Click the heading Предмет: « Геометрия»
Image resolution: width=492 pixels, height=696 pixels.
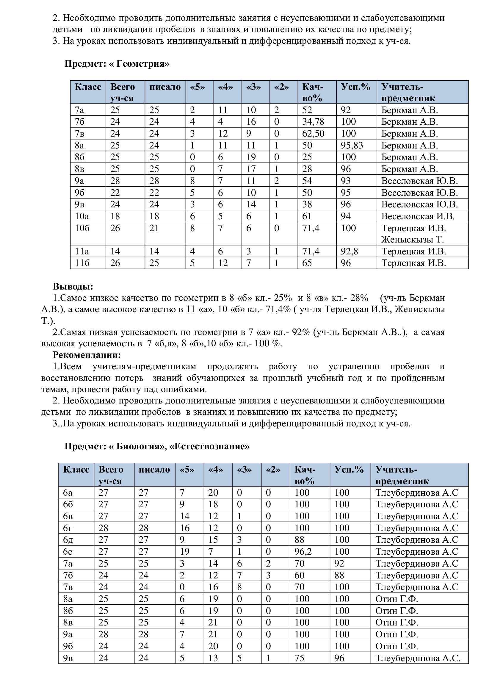(x=117, y=64)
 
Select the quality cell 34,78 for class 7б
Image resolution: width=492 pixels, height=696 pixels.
(x=313, y=122)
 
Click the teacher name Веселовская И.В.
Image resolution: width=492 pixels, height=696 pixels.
(x=418, y=216)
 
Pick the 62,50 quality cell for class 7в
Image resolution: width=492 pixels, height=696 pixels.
(x=313, y=134)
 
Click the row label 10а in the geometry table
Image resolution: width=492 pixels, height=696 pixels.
(x=82, y=216)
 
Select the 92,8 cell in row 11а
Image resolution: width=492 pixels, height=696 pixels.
(x=349, y=252)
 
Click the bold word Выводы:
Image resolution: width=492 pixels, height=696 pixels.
(x=73, y=287)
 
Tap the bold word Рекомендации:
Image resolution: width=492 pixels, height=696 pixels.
(x=87, y=355)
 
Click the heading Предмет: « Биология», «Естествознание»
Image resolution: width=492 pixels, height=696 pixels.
(x=157, y=447)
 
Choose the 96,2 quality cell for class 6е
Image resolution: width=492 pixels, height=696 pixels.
(x=303, y=552)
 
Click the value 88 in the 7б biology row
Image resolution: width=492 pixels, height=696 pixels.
(x=339, y=575)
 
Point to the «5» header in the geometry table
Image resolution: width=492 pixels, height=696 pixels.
(x=198, y=87)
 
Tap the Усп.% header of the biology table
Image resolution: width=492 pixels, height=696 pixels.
(x=349, y=470)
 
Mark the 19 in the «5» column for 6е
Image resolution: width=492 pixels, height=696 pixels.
(x=184, y=552)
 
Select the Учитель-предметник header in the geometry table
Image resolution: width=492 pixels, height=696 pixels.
(x=408, y=93)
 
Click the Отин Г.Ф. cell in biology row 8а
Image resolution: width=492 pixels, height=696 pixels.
(x=397, y=599)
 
